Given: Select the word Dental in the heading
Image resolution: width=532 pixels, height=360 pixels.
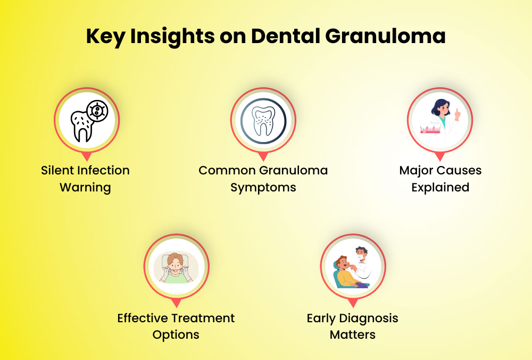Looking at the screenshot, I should [x=281, y=36].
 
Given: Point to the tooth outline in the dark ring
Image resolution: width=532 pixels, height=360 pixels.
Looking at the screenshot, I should [x=263, y=121].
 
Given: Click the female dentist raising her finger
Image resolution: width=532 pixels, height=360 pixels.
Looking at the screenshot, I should [x=440, y=120].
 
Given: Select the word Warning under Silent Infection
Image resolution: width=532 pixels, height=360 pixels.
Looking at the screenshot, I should [x=85, y=188].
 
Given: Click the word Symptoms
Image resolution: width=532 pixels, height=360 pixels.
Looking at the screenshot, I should [x=263, y=188].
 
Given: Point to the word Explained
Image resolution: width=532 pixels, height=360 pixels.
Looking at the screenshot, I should [x=440, y=188].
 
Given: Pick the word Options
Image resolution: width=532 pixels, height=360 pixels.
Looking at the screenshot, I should [x=176, y=335].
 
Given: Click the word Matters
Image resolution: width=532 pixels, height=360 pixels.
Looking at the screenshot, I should [x=352, y=335].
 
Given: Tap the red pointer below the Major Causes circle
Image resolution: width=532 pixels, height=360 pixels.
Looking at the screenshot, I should [x=440, y=156].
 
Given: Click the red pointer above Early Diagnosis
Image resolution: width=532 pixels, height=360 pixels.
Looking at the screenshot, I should [x=352, y=304].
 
